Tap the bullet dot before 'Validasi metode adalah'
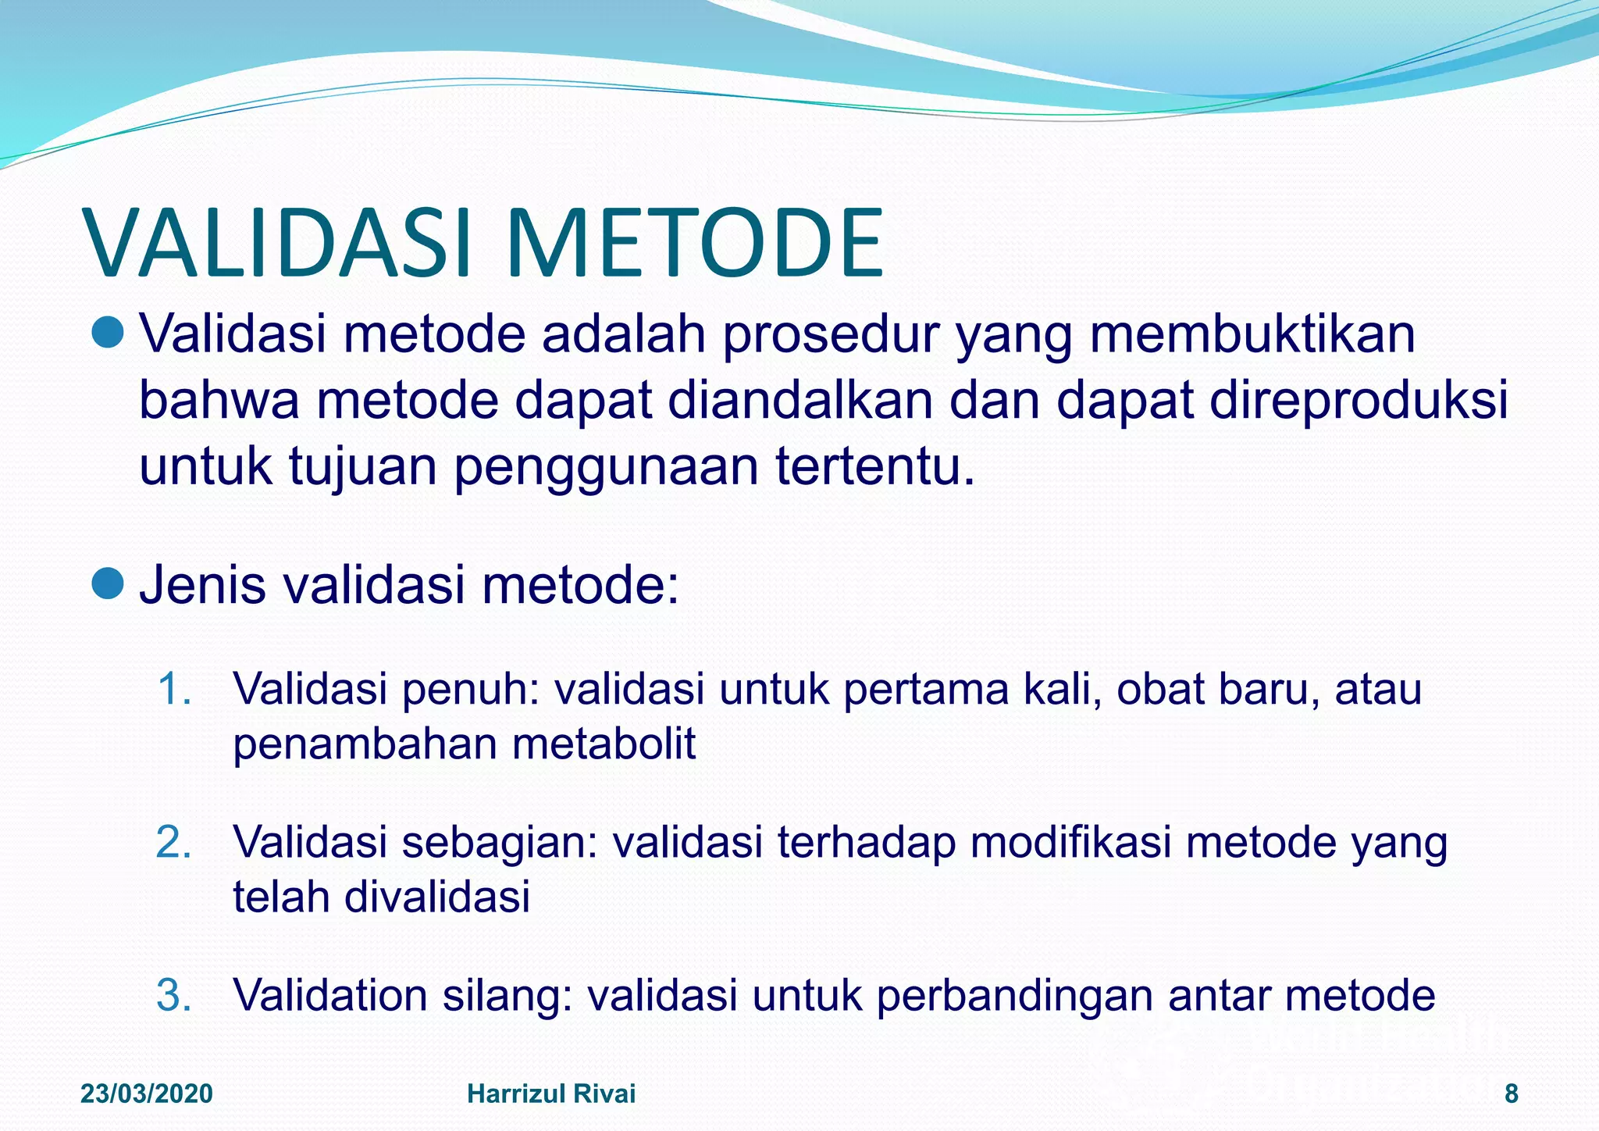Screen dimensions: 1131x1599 click(x=108, y=334)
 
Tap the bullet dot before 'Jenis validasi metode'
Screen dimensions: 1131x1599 click(x=108, y=583)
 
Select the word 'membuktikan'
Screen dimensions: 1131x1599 click(x=1252, y=334)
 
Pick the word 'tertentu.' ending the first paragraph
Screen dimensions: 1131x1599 click(x=875, y=466)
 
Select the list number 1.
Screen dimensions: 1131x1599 click(x=174, y=690)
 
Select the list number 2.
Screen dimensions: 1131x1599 click(x=174, y=842)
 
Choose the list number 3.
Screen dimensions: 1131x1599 click(x=174, y=995)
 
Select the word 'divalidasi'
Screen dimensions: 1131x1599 click(x=437, y=896)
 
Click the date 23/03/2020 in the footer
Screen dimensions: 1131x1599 click(x=147, y=1094)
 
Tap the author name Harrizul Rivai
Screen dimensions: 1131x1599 click(x=551, y=1094)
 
